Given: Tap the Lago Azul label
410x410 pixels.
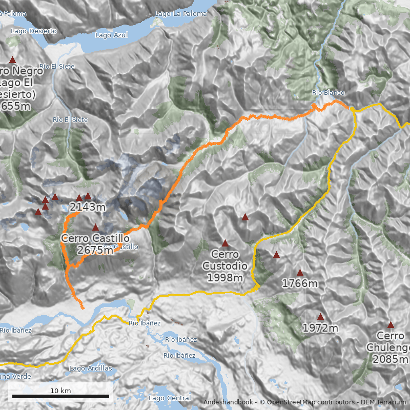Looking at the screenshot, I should [x=111, y=35].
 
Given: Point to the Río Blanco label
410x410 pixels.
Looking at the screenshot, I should [x=328, y=93].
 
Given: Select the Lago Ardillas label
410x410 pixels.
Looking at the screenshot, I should [x=90, y=368].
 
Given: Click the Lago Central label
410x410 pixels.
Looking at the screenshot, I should [x=169, y=398].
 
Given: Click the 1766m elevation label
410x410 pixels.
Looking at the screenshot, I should [x=300, y=283].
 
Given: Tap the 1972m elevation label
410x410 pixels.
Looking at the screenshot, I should [x=320, y=328].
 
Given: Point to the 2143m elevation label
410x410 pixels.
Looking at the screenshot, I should [x=88, y=208].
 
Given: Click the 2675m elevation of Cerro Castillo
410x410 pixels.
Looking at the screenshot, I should [x=95, y=250].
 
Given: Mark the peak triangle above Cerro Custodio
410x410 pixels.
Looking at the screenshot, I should [x=225, y=243].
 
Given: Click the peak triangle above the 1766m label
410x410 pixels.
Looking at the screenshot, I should [x=300, y=272].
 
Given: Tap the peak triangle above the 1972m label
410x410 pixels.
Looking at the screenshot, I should [x=320, y=317].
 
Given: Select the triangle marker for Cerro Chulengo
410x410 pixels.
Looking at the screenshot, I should [x=391, y=324].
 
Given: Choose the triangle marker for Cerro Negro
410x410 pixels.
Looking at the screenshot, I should [x=13, y=60].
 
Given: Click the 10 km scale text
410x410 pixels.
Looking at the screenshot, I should [x=60, y=391].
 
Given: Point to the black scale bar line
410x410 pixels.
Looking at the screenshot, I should [x=60, y=396].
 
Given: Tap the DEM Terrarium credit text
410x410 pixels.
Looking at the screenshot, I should [x=380, y=402].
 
